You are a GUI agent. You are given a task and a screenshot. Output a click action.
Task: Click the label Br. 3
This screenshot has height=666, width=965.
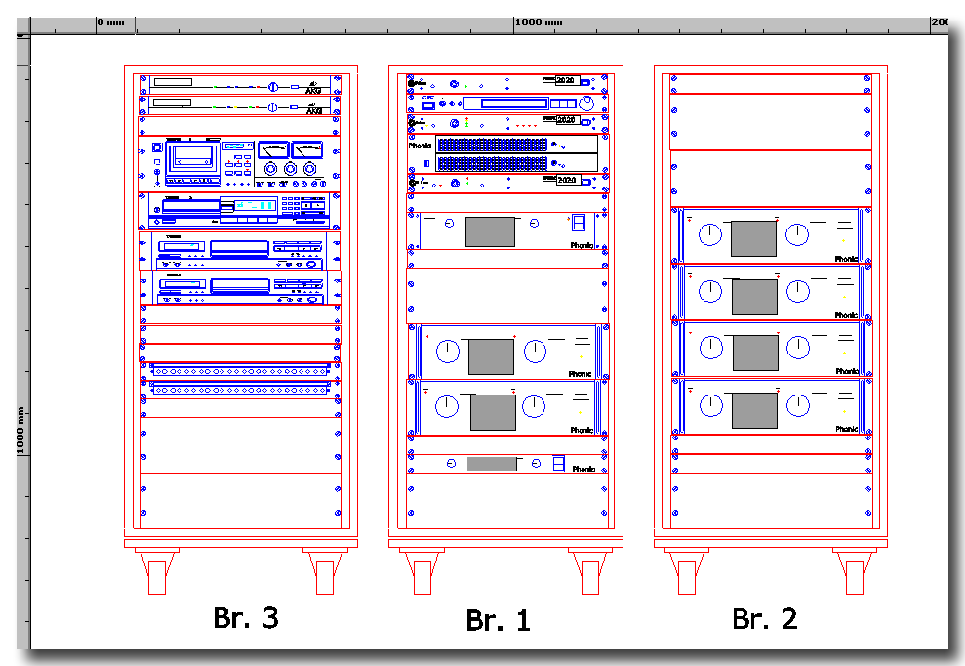pyautogui.click(x=246, y=617)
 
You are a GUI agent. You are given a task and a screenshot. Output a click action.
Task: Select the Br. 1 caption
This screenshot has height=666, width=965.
pyautogui.click(x=498, y=620)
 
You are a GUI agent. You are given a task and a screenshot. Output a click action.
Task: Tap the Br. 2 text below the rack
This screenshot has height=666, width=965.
pyautogui.click(x=764, y=617)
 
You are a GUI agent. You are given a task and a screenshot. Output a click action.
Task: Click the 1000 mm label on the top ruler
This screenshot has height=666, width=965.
pyautogui.click(x=539, y=21)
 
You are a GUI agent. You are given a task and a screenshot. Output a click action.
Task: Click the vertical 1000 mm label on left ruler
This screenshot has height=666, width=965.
pyautogui.click(x=20, y=431)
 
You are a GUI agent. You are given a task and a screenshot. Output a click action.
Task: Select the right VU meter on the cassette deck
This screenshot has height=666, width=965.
pyautogui.click(x=306, y=149)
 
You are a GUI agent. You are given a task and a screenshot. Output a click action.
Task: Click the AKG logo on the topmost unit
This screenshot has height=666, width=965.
pyautogui.click(x=314, y=84)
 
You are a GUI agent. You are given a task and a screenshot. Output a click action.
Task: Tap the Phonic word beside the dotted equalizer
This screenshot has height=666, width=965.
pyautogui.click(x=420, y=146)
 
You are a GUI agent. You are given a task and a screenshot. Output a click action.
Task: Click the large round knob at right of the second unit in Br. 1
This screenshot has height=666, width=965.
pyautogui.click(x=585, y=104)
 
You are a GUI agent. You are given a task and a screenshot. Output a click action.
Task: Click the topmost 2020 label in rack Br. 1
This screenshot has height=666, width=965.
pyautogui.click(x=565, y=80)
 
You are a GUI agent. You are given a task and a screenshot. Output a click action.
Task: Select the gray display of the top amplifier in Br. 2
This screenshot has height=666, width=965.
pyautogui.click(x=753, y=238)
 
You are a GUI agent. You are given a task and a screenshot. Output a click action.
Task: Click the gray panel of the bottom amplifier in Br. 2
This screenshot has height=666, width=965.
pyautogui.click(x=753, y=408)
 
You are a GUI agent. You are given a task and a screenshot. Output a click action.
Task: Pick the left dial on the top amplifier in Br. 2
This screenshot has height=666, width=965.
pyautogui.click(x=711, y=234)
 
